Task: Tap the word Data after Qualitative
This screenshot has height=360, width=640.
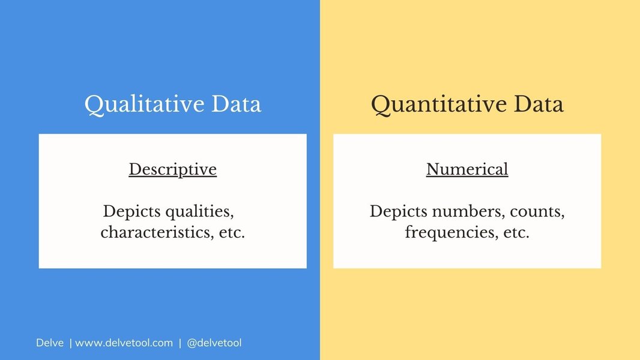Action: pyautogui.click(x=236, y=104)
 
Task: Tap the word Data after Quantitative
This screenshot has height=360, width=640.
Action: pyautogui.click(x=538, y=104)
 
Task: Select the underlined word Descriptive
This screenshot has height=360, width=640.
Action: pyautogui.click(x=172, y=170)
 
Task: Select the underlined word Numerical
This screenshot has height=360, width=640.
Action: pyautogui.click(x=467, y=170)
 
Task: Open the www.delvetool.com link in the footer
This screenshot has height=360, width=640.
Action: pyautogui.click(x=124, y=343)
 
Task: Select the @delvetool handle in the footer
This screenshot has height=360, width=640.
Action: pyautogui.click(x=214, y=343)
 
